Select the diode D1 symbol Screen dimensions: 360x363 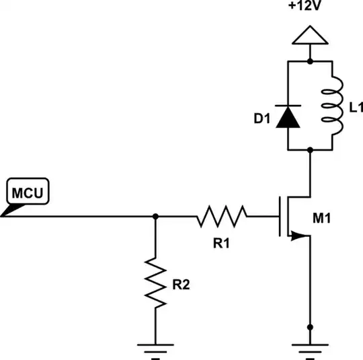pos(288,116)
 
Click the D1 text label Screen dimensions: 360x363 pos(262,119)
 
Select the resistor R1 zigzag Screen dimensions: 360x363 pos(222,217)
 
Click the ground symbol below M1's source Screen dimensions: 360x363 pos(309,348)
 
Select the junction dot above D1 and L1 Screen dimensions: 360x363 pos(309,61)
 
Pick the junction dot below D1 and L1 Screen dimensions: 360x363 pos(309,151)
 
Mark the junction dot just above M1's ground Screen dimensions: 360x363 pos(309,326)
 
